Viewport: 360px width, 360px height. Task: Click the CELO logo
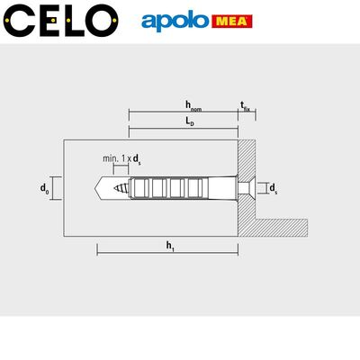click(x=60, y=21)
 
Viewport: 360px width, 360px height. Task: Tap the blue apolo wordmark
click(x=175, y=22)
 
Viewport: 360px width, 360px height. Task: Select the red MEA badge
click(x=232, y=22)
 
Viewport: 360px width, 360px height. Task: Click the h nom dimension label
click(x=193, y=105)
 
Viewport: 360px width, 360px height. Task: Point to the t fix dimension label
click(x=245, y=106)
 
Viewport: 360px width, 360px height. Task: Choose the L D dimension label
click(x=189, y=121)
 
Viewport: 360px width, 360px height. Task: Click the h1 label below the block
click(x=170, y=246)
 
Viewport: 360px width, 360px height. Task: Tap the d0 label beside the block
click(x=44, y=188)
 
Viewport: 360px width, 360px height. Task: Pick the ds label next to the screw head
click(x=274, y=188)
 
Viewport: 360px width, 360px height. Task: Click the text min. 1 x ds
click(x=121, y=159)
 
